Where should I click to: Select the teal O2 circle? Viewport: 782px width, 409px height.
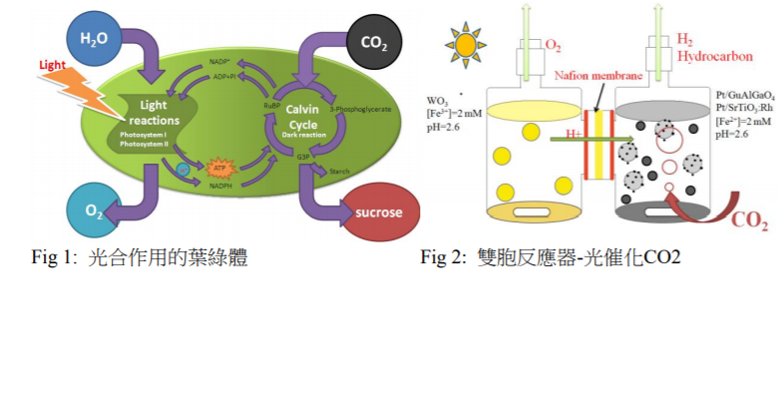(93, 210)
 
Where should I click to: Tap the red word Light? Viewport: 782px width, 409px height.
(53, 65)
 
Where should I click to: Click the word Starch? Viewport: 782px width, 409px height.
(338, 173)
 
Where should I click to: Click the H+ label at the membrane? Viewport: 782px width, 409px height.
(573, 133)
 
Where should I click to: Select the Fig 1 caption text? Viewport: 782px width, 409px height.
(140, 258)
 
